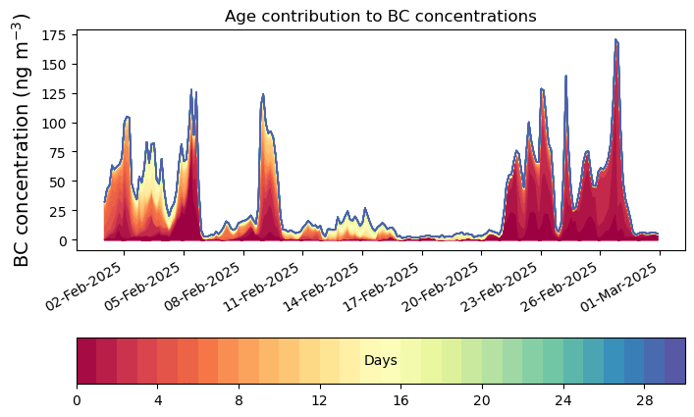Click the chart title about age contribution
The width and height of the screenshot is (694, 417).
(x=380, y=16)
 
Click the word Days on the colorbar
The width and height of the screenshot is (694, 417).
(x=380, y=361)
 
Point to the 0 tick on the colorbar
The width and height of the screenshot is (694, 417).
(x=77, y=399)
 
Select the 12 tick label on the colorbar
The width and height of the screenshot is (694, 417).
(x=319, y=399)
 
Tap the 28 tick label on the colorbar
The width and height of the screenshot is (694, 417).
(x=643, y=399)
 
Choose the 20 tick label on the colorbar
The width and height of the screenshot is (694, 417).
(x=481, y=399)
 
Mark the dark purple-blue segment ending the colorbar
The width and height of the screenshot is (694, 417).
(x=674, y=361)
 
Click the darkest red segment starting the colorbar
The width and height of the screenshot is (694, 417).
(x=86, y=361)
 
